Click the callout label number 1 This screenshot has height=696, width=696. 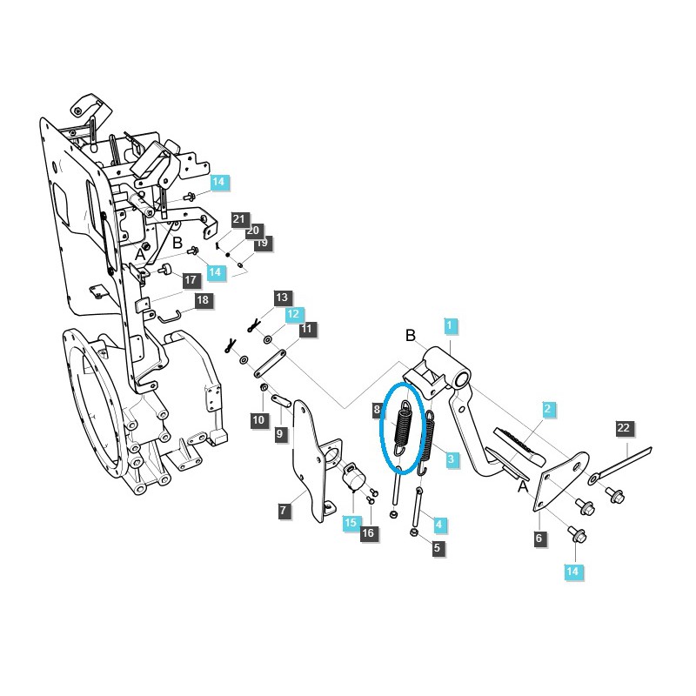(450, 326)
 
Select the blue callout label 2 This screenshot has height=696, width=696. (547, 408)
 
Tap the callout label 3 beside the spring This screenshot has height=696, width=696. (451, 459)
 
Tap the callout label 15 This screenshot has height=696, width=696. (351, 522)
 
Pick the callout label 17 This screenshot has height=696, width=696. (191, 279)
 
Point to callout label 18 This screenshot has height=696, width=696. (203, 300)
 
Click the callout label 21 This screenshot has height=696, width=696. (239, 219)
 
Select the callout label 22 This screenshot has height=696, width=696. (624, 428)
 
